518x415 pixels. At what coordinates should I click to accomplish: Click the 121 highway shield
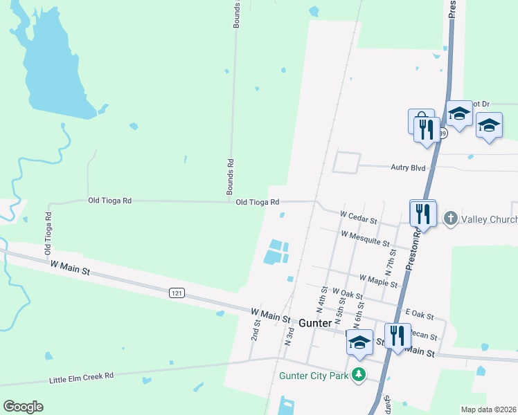point(177,293)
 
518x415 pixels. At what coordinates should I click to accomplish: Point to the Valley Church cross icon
point(450,219)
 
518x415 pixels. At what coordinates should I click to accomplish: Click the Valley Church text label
point(490,220)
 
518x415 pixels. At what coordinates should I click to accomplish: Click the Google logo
point(23,407)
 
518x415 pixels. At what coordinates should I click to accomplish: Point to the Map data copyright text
point(489,409)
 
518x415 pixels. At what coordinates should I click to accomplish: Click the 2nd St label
point(255,329)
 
